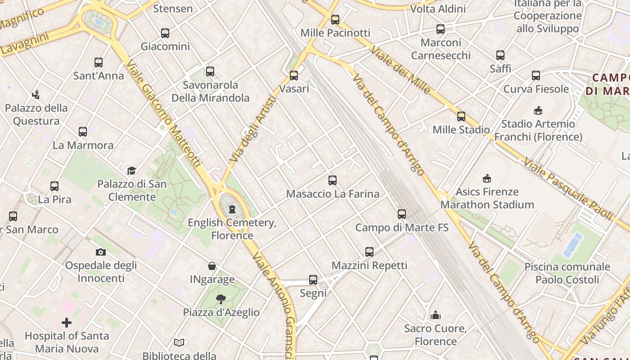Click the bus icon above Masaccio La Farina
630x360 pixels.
pos(333,180)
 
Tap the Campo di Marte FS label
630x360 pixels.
pos(402,227)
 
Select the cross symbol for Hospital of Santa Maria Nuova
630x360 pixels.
pos(67,322)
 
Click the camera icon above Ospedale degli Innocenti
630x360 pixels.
pos(101,252)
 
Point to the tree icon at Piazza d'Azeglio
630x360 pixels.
pos(220,299)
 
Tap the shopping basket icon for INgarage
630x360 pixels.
pos(212,266)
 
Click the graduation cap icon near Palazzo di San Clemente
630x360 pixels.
pos(131,171)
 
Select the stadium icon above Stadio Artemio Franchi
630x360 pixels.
pos(538,110)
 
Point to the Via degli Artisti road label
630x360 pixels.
pos(253,129)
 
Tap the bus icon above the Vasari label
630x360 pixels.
pos(294,75)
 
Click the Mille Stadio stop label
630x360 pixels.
pos(461,130)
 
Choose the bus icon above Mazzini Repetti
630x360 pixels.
pos(369,252)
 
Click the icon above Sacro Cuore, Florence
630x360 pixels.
pos(435,315)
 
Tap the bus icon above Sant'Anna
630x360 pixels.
pos(99,62)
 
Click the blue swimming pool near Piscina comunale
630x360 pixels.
pos(573,243)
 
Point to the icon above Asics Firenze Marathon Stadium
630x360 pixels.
pos(486,178)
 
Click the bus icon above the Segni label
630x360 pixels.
pos(313,279)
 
